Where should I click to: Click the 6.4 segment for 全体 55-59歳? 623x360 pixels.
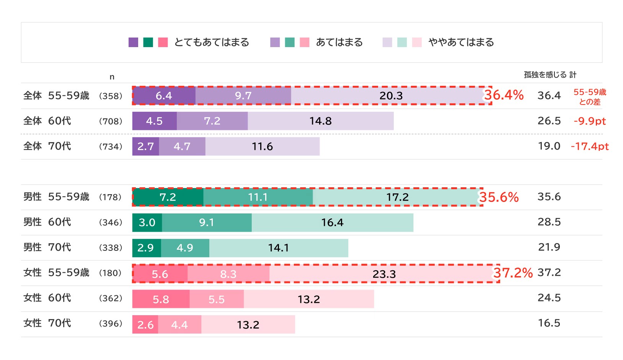pos(164,96)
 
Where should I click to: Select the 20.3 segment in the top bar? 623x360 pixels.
pos(391,96)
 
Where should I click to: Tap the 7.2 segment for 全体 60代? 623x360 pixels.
pos(212,121)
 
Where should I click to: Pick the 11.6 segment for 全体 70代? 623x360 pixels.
pos(262,146)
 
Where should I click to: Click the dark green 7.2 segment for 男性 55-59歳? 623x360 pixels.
pos(168,197)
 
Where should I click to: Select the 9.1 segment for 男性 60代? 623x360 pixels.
pos(207,223)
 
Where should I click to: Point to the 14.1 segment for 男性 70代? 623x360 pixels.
pos(278,248)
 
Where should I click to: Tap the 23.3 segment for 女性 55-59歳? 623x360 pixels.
pos(384,274)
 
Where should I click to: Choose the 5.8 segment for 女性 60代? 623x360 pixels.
pos(161,299)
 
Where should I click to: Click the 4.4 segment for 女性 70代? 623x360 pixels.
pos(179,325)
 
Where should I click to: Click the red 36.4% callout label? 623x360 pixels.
pos(504,95)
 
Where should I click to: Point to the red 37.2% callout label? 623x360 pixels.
pos(513,273)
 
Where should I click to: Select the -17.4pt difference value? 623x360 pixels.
pos(590,146)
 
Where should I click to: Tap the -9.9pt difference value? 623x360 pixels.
pos(590,121)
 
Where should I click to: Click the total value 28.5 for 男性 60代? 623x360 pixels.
pos(549,222)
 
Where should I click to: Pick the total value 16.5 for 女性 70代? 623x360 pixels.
pos(549,323)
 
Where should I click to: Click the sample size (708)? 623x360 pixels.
pos(111,121)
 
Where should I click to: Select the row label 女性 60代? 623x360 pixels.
pos(47,298)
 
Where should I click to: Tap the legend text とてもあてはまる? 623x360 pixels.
pos(212,42)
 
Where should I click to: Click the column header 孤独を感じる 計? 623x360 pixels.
pos(550,75)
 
